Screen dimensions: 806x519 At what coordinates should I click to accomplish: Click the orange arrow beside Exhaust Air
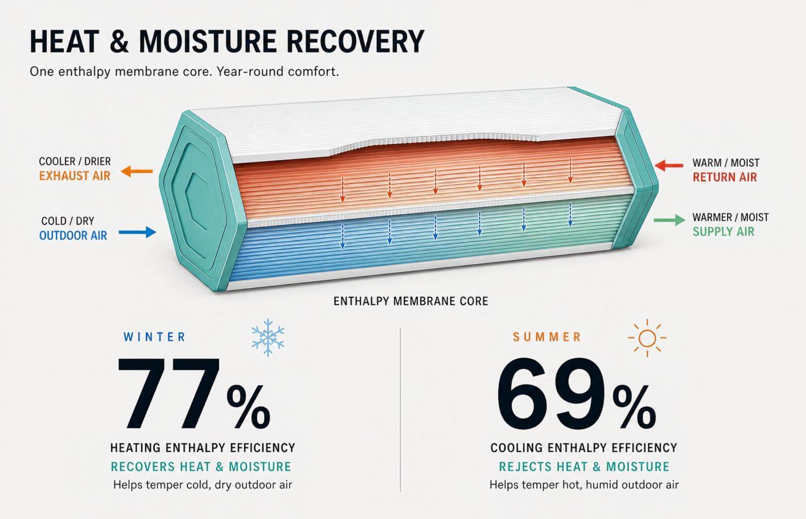point(137,171)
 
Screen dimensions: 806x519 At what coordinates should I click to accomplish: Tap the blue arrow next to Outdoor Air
point(138,232)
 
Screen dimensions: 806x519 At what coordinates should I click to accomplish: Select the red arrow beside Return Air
point(669,166)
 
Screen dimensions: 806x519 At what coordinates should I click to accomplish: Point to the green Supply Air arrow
point(669,220)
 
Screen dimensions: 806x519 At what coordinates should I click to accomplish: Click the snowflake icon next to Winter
point(267,337)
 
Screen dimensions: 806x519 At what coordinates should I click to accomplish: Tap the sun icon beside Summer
point(647,338)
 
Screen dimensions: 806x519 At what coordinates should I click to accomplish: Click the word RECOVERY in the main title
point(356,41)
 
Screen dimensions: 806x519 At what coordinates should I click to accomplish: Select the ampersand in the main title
point(119,41)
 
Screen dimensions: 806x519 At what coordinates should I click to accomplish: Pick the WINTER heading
point(155,337)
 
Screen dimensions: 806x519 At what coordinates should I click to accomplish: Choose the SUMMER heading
point(547,337)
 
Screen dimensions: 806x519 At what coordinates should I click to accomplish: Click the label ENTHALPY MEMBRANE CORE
point(411,301)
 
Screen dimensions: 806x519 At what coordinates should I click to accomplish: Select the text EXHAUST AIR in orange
point(75,176)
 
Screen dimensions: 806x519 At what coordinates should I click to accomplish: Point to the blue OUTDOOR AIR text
point(73,236)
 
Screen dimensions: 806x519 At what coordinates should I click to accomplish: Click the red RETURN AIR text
point(725,177)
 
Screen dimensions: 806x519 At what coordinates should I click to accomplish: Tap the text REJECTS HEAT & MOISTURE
point(584,467)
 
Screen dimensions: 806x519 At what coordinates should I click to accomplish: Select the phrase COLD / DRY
point(68,220)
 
